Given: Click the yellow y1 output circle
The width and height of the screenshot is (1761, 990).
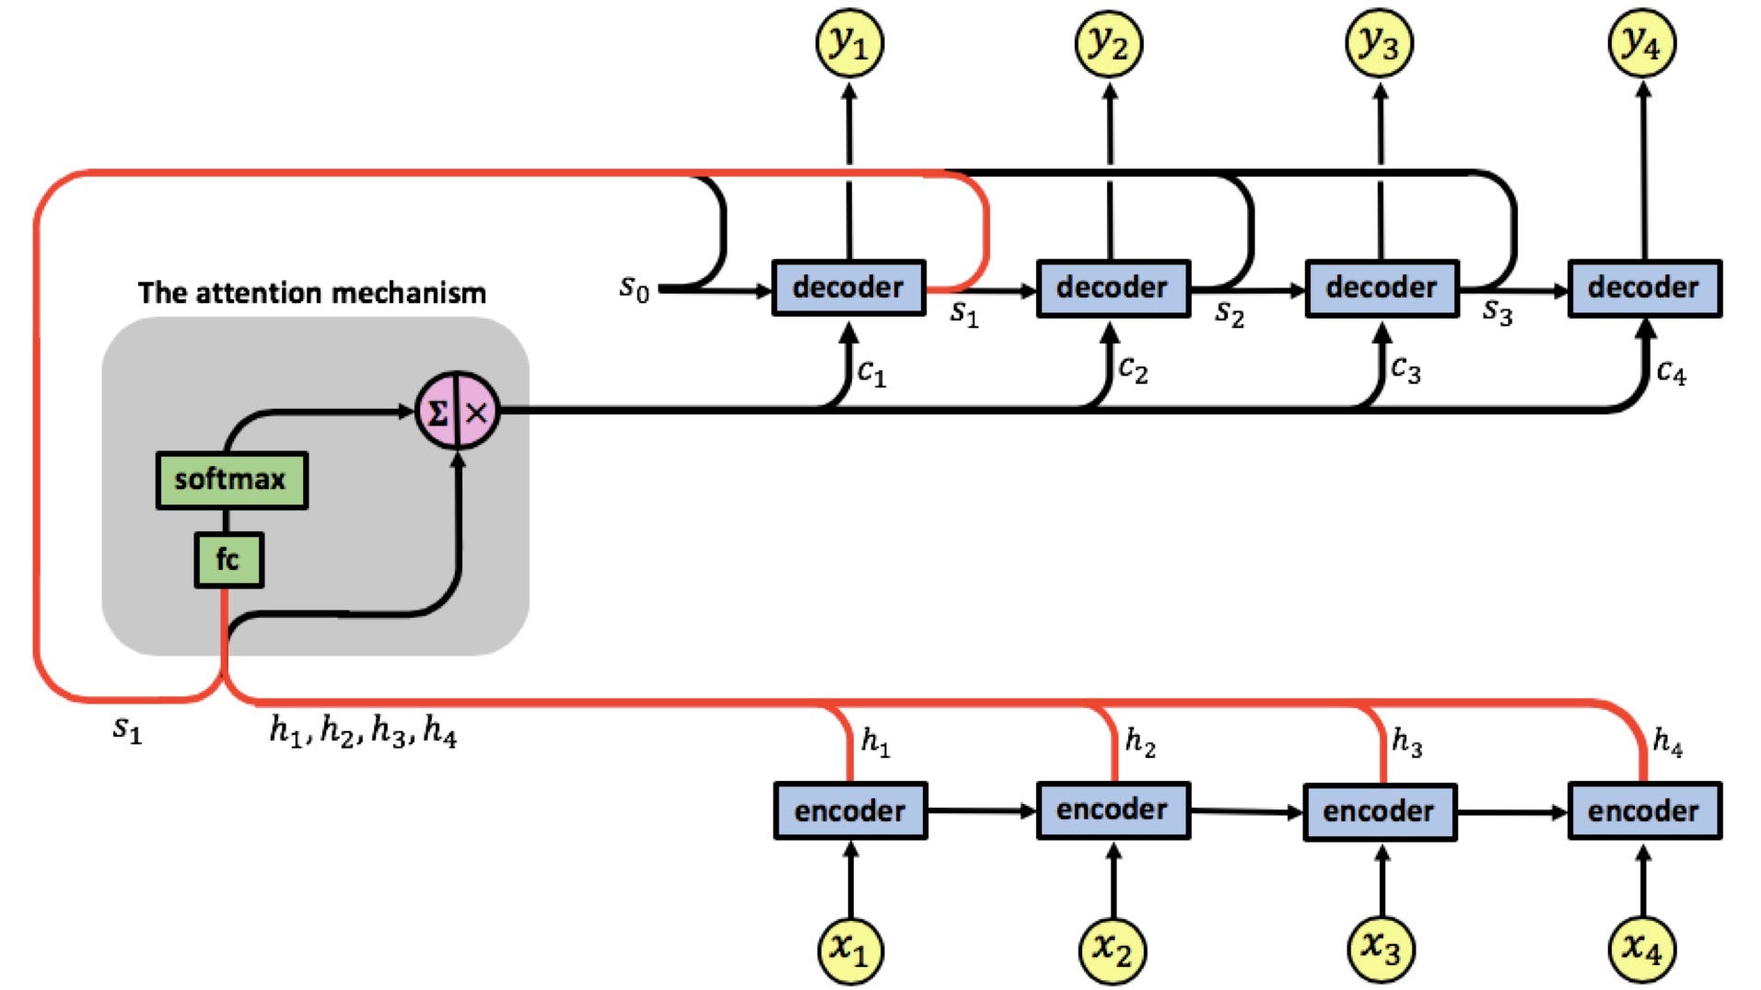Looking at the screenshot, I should point(849,43).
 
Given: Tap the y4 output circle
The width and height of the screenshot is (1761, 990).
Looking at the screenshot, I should point(1642,43).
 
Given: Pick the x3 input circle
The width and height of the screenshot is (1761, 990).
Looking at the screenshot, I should point(1380,948).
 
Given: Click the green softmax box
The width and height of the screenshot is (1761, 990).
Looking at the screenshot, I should point(231,480).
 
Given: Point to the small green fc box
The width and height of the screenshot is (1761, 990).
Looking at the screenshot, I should point(228,559).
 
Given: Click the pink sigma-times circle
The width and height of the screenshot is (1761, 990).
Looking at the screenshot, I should point(458,412).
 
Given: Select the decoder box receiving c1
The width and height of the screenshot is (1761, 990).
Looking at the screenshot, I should point(848,287).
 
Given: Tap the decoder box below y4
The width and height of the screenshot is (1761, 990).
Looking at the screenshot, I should point(1644,287).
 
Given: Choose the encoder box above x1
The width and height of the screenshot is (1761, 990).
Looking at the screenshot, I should point(849,810).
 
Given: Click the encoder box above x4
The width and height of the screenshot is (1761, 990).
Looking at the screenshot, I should point(1644,810).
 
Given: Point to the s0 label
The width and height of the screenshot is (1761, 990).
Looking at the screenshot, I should point(634,288).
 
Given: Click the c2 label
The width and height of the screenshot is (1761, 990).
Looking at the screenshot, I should point(1133,369).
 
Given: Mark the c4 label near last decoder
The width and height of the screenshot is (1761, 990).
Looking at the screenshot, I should point(1671,372).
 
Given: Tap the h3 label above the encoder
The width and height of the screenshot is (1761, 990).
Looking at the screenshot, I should point(1406,741).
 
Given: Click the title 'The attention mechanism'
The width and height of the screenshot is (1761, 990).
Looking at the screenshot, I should point(311,293).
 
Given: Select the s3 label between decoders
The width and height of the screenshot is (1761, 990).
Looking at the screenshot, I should point(1497,313).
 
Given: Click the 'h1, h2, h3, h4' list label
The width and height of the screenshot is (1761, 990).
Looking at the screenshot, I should point(363,732).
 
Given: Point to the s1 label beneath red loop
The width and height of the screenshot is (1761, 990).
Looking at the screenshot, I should point(127,728).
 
